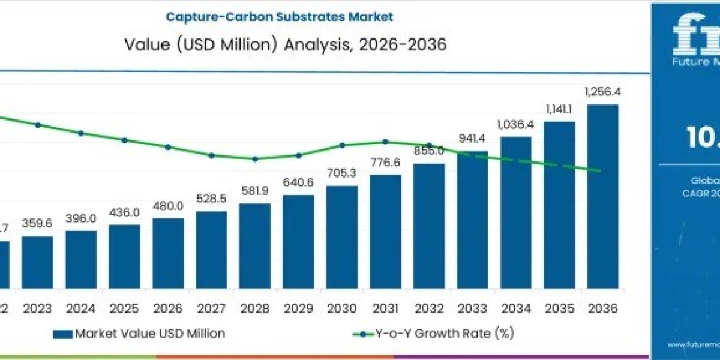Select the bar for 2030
pyautogui.click(x=342, y=237)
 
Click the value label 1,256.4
pyautogui.click(x=602, y=92)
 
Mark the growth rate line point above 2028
pyautogui.click(x=255, y=159)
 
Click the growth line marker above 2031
pyautogui.click(x=385, y=142)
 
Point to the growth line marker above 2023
pyautogui.click(x=38, y=125)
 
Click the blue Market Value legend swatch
pyautogui.click(x=62, y=334)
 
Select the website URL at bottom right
pyautogui.click(x=693, y=346)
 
